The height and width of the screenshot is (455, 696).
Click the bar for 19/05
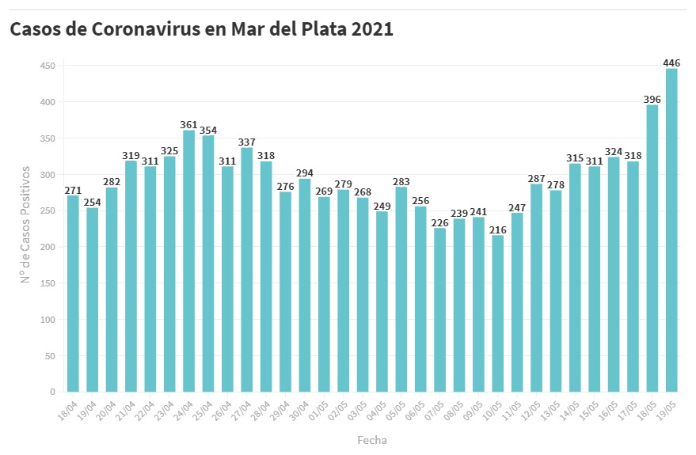click(x=671, y=230)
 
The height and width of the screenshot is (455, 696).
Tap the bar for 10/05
click(x=497, y=313)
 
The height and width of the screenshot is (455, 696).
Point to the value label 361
click(x=188, y=124)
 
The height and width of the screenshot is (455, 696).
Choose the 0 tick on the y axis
click(x=52, y=392)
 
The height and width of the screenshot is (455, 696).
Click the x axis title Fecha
click(x=372, y=439)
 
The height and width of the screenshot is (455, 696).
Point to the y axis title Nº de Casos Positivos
click(x=25, y=225)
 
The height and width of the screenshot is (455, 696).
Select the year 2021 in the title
click(x=371, y=29)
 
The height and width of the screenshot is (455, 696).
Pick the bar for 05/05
click(x=401, y=290)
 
